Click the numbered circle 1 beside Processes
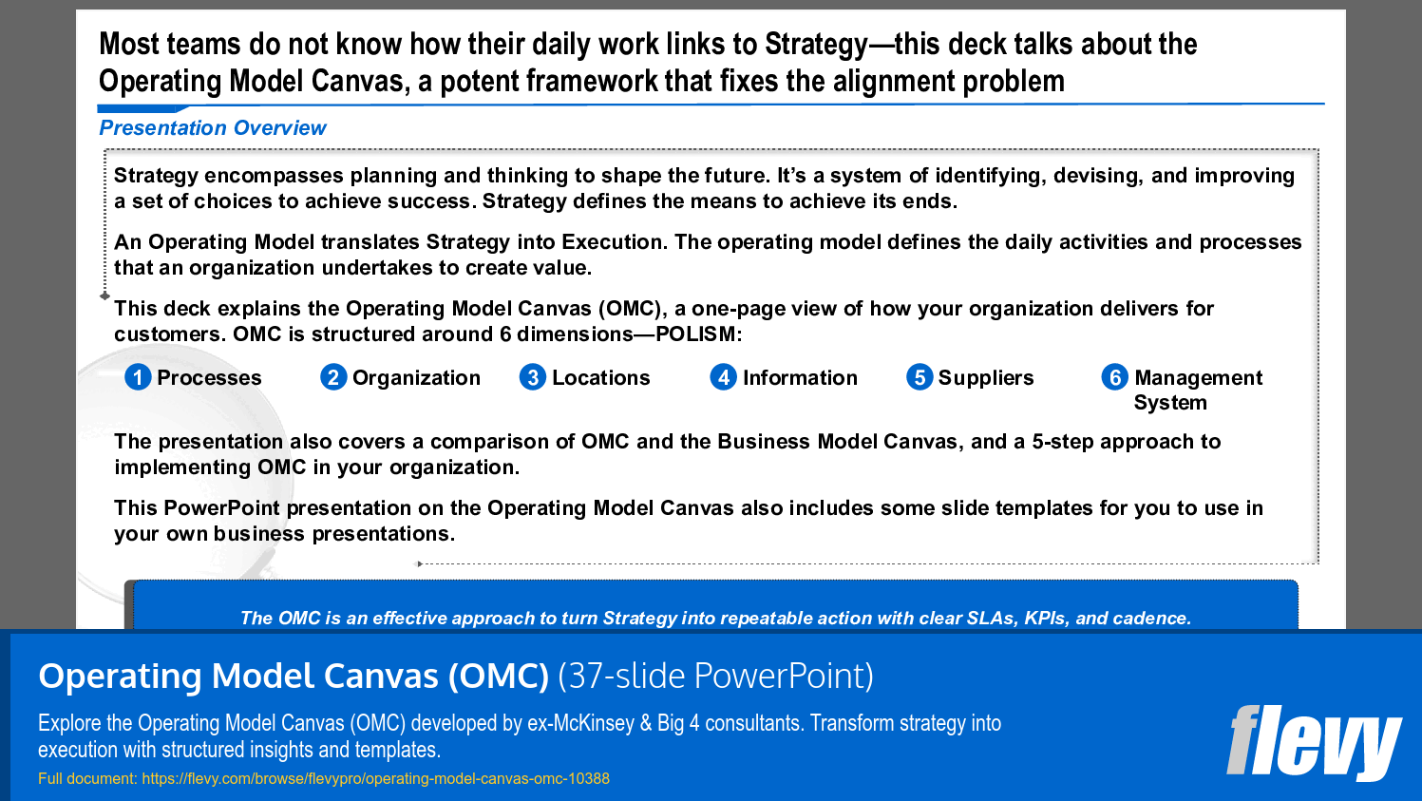(x=138, y=377)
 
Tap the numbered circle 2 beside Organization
(x=333, y=377)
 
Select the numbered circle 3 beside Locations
(x=533, y=377)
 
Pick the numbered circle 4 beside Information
(x=724, y=377)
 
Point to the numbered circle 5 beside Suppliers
(x=920, y=377)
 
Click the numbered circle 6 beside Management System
(x=1115, y=377)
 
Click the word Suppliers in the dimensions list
(x=986, y=378)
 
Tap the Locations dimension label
(x=600, y=378)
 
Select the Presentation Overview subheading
(x=213, y=128)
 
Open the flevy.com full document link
(x=375, y=779)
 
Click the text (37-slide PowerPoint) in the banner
(x=715, y=677)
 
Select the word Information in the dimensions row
(x=800, y=378)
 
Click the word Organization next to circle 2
(x=416, y=378)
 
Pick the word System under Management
(x=1170, y=403)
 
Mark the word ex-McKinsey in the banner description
(x=580, y=723)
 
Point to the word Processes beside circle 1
(x=209, y=378)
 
